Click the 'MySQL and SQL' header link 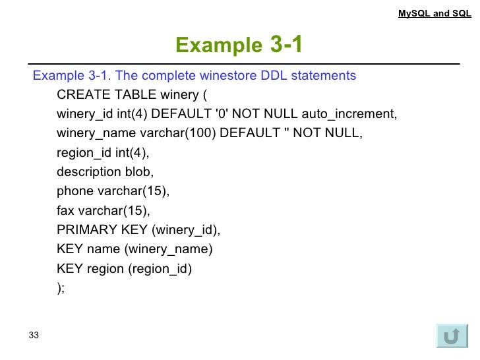tap(435, 13)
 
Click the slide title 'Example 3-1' tap(239, 45)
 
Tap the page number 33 tap(34, 336)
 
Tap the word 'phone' tap(75, 192)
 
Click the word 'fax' tap(66, 211)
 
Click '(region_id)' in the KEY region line tap(160, 269)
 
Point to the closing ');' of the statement tap(61, 288)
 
